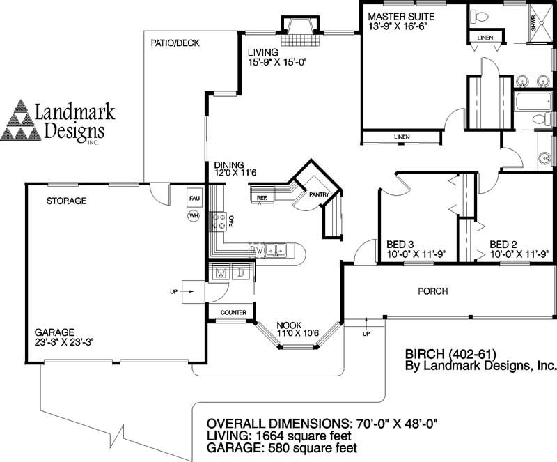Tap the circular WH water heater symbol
tap(194, 216)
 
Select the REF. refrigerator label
tap(262, 198)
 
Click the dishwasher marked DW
tap(257, 249)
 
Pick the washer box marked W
tap(221, 272)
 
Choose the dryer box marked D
tap(241, 272)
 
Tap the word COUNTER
tap(233, 313)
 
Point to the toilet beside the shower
tap(479, 15)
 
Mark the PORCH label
tap(432, 291)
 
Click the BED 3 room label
tap(400, 244)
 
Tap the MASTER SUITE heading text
tap(401, 15)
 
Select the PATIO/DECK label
tap(175, 43)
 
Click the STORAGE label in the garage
tap(66, 201)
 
